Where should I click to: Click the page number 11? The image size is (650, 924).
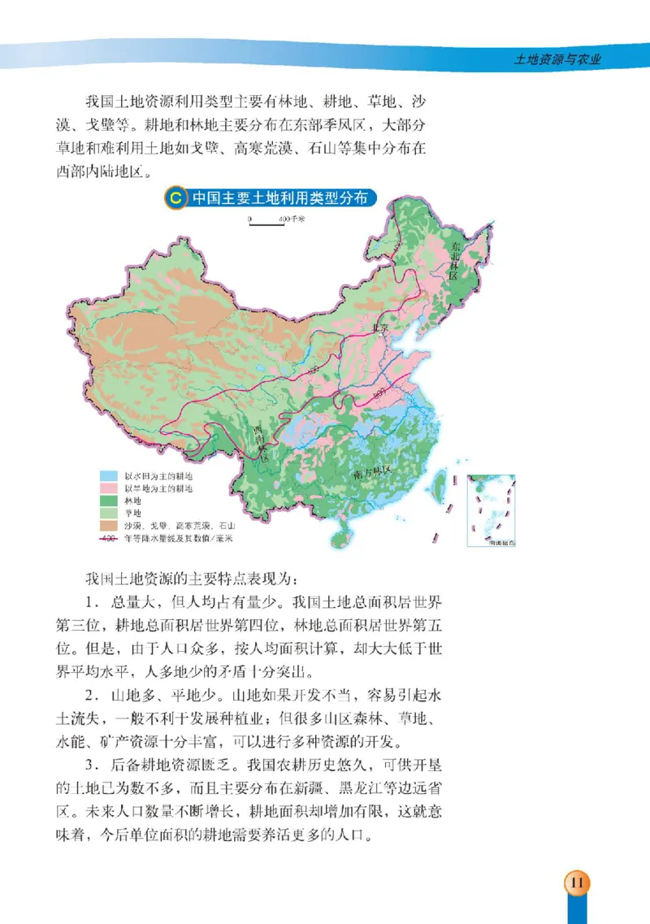click(578, 883)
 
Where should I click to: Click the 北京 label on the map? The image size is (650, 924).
click(380, 328)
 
